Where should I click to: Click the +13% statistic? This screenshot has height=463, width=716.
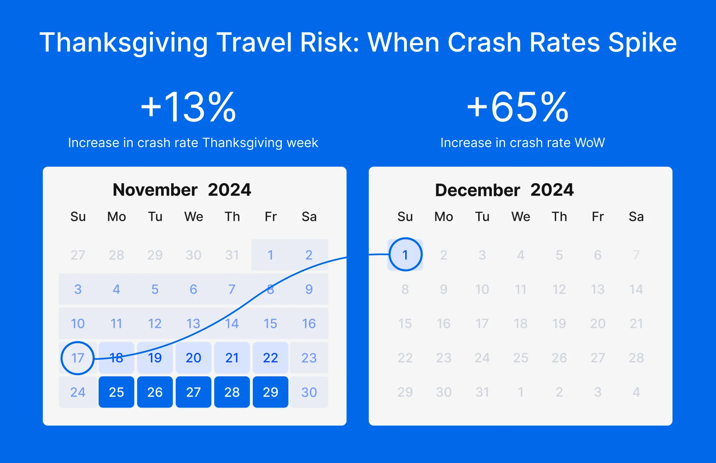189,107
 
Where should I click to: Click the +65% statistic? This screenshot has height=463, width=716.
518,107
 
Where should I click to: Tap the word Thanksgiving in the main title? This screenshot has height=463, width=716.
123,43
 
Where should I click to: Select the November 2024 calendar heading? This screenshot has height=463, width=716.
182,190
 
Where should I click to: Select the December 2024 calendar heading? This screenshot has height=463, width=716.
504,190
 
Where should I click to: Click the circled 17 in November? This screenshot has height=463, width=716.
77,358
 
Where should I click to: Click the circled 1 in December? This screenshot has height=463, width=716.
405,255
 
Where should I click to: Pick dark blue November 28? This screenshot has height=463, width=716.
232,392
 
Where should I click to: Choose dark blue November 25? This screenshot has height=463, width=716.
116,392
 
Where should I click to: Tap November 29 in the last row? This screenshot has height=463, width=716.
271,392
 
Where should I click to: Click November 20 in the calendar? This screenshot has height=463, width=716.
194,358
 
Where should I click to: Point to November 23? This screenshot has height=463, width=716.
309,358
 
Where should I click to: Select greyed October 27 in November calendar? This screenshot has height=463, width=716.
77,255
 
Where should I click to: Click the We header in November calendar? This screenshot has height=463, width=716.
194,217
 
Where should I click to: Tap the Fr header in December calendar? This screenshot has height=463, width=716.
597,217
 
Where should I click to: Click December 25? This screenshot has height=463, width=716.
520,358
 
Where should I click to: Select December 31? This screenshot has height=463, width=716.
482,392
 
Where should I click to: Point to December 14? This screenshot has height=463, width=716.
636,289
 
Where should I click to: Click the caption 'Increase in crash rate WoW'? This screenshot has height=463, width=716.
522,143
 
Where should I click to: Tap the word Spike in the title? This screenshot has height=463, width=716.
642,43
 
